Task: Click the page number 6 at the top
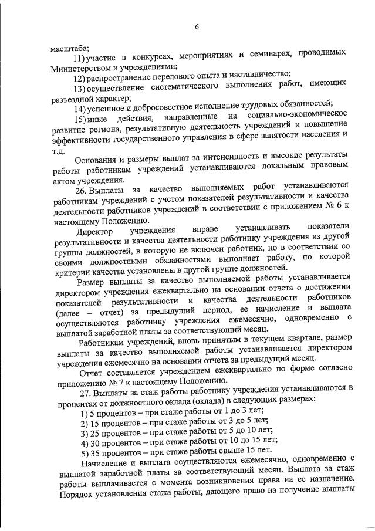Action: click(197, 26)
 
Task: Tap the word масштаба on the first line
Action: click(69, 49)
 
